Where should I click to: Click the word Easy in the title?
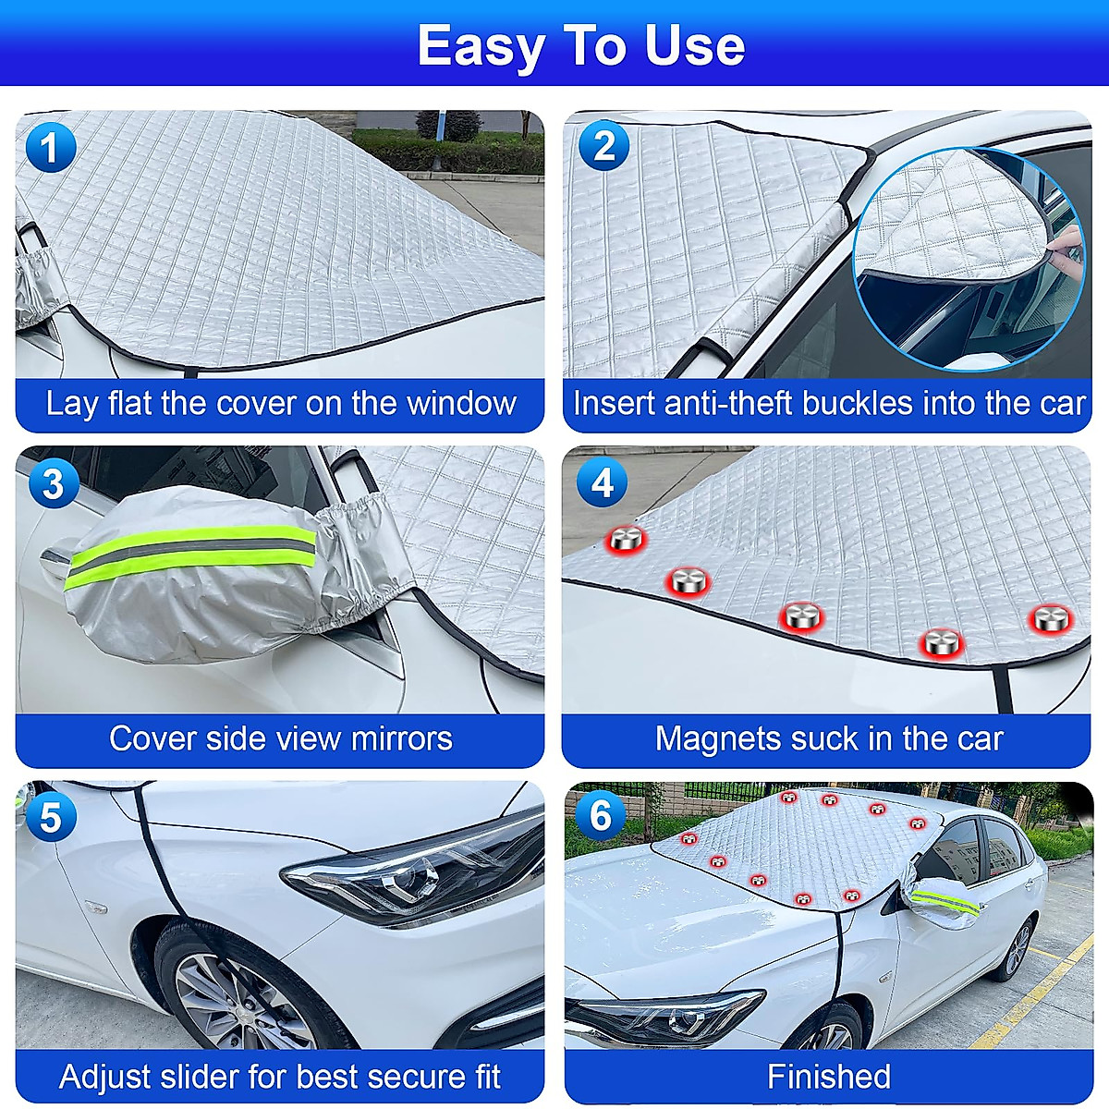pos(479,46)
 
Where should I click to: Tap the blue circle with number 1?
pos(51,149)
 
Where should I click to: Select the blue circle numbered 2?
pos(603,146)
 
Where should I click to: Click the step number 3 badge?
pos(53,483)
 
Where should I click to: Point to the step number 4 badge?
pos(602,482)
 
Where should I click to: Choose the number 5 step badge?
pos(51,818)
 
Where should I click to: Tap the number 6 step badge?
pos(601,815)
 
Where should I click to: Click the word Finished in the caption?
pos(828,1077)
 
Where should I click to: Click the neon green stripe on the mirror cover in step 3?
pos(189,553)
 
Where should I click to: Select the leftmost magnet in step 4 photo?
pos(626,540)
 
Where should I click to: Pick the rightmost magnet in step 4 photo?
pos(1051,618)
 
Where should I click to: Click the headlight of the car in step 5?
pos(416,873)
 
